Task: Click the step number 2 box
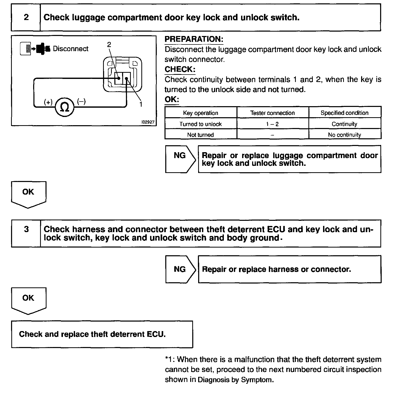click(x=26, y=17)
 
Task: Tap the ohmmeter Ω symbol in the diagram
click(x=65, y=107)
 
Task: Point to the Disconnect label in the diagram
click(x=70, y=49)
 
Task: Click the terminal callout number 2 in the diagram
click(x=109, y=45)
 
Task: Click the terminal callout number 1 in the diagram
click(x=141, y=104)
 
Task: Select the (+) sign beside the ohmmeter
click(x=48, y=102)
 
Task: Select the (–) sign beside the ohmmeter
click(x=81, y=102)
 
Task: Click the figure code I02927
click(x=148, y=122)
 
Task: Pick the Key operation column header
click(x=200, y=113)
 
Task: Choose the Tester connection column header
click(x=272, y=113)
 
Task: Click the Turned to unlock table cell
click(x=200, y=124)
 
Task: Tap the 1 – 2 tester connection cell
click(x=272, y=124)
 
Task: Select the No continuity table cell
click(x=344, y=135)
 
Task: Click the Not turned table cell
click(x=200, y=135)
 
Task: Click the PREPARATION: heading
click(x=194, y=39)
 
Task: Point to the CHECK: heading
click(x=180, y=69)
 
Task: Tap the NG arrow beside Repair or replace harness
click(x=180, y=269)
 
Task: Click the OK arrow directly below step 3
click(x=28, y=299)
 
